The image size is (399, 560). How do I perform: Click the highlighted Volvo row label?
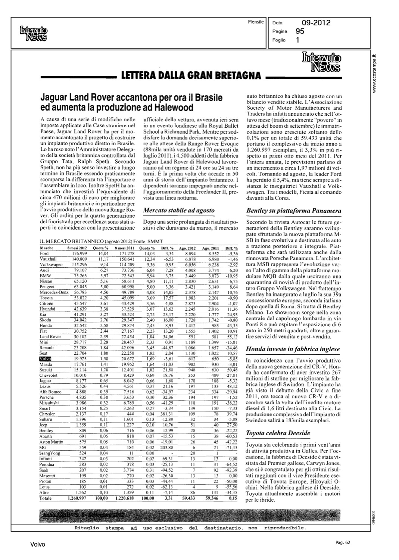[x=45, y=359]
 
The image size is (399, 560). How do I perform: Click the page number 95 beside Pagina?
[x=300, y=32]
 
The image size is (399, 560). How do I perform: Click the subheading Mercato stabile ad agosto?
[x=179, y=211]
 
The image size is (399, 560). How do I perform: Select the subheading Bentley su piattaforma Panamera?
[x=294, y=211]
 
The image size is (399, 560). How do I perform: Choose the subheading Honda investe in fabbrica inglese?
[x=293, y=349]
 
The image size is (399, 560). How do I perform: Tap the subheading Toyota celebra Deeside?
[x=278, y=433]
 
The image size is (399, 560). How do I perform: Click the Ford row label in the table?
[x=44, y=253]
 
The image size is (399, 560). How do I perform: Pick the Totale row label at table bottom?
[x=46, y=498]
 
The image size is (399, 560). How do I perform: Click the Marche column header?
[x=46, y=248]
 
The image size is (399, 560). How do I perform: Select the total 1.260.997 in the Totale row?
[x=77, y=498]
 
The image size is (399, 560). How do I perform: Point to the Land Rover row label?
[x=50, y=336]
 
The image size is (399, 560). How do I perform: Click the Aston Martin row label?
[x=51, y=442]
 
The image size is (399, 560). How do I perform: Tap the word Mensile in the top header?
[x=256, y=22]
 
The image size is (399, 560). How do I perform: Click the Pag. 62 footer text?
[x=342, y=543]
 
